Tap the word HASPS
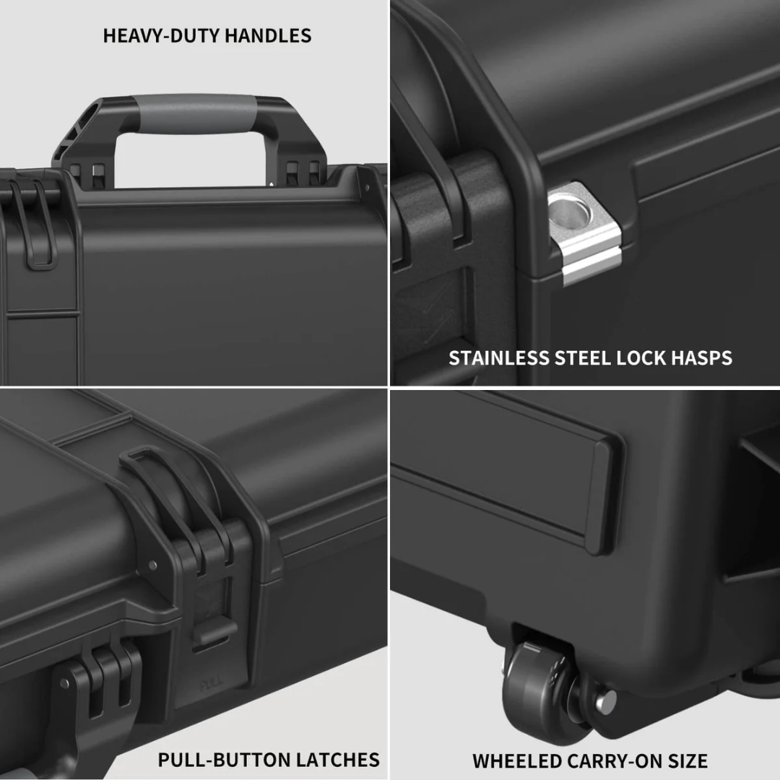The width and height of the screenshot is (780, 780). point(705,357)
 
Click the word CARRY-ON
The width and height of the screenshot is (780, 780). point(606,760)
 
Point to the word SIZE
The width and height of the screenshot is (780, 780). point(686,760)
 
